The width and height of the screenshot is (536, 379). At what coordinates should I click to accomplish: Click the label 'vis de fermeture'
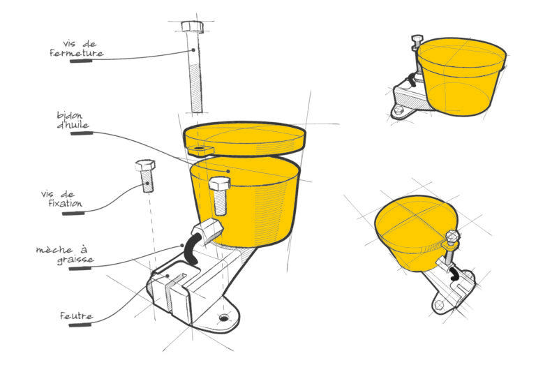77,49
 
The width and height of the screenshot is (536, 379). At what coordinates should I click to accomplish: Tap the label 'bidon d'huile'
73,120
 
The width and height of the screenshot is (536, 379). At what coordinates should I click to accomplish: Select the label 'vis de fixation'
62,199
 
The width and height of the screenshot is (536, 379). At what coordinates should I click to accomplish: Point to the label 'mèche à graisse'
65,255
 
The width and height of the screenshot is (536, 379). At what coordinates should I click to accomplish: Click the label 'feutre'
76,315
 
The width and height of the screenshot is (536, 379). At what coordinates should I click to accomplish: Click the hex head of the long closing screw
192,27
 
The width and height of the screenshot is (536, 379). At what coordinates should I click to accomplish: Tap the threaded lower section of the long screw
196,88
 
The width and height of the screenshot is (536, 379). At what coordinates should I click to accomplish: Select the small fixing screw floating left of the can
146,175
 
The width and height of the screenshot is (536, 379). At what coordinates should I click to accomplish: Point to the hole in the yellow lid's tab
199,149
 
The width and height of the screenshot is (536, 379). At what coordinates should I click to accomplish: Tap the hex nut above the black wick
207,231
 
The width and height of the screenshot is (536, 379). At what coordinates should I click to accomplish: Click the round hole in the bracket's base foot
224,318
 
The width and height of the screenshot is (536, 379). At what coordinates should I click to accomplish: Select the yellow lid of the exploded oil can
244,139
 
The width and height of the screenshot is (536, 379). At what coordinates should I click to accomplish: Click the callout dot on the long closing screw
193,50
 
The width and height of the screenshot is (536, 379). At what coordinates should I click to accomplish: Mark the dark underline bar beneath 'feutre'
80,325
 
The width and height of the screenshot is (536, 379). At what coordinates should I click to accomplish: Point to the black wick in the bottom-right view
455,274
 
